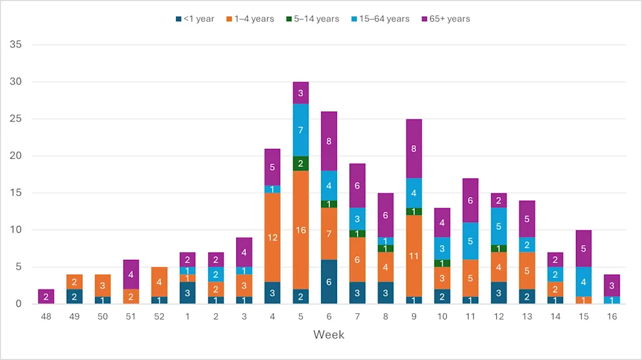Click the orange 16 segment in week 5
(x=300, y=230)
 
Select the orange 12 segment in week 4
(x=272, y=237)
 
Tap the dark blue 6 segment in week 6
(x=329, y=281)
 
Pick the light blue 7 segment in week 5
(x=300, y=130)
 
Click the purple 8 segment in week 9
(x=413, y=148)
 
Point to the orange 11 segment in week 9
(x=413, y=255)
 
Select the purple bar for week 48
(x=46, y=296)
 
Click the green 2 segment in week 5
(x=300, y=163)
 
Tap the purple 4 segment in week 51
(x=131, y=274)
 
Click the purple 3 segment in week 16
(x=611, y=285)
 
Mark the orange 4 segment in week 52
(x=159, y=282)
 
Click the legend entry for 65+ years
(x=446, y=19)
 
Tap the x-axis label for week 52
(x=159, y=317)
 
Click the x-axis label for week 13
(x=526, y=317)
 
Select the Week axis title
(x=329, y=335)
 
